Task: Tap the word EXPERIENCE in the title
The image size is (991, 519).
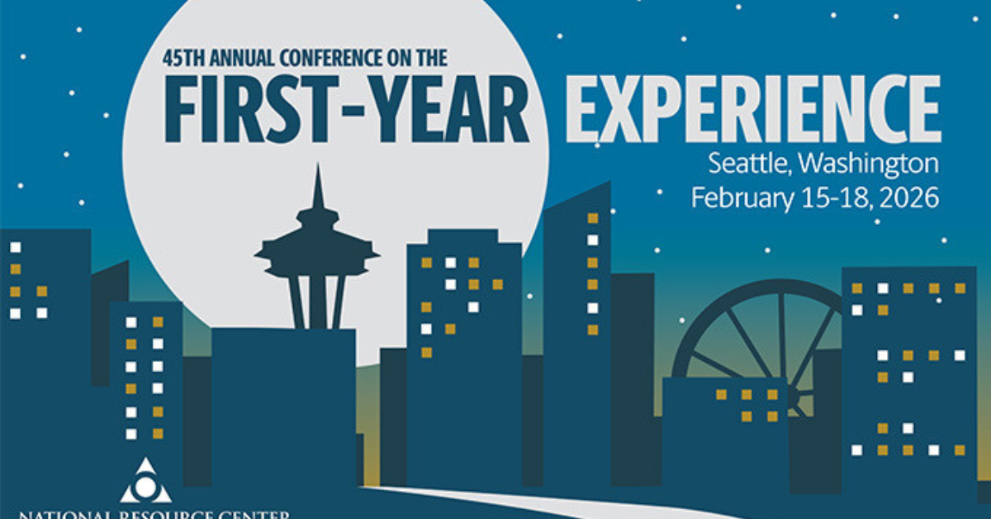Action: (x=752, y=110)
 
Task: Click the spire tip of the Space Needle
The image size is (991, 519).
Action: (x=317, y=167)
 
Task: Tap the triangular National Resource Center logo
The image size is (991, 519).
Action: (x=145, y=482)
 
